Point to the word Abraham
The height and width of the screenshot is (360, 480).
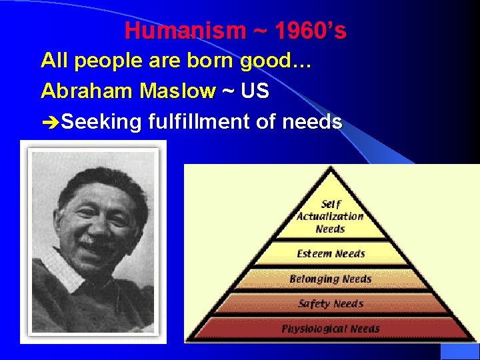click(82, 91)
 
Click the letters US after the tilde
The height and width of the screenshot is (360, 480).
click(255, 91)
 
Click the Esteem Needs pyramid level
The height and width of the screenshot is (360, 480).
click(331, 253)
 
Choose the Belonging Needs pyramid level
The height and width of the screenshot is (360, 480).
click(331, 279)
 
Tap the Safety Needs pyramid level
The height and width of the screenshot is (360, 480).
click(331, 304)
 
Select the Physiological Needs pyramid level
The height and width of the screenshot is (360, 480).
click(331, 329)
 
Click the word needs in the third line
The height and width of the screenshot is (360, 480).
click(313, 122)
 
